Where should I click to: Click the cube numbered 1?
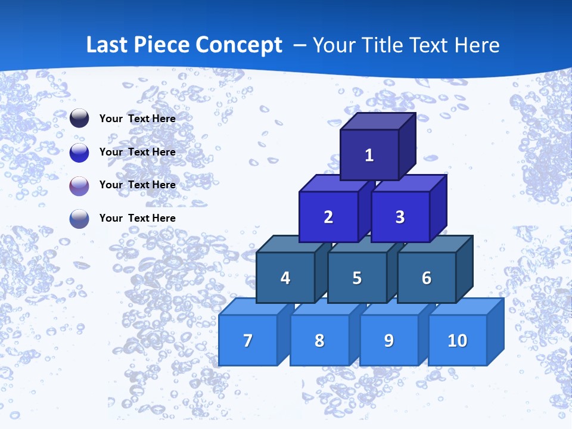(x=369, y=155)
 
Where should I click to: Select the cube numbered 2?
(x=328, y=217)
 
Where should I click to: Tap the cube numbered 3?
(x=400, y=217)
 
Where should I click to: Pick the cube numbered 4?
(x=285, y=278)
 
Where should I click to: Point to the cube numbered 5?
(x=357, y=278)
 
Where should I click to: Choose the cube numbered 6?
(x=427, y=278)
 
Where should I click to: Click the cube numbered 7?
(x=248, y=340)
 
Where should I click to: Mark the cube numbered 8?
(x=319, y=340)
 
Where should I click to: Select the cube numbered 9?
(x=389, y=340)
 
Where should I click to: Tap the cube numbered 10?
(x=458, y=340)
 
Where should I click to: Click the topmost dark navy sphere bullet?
(x=79, y=119)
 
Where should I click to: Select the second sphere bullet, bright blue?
(x=79, y=153)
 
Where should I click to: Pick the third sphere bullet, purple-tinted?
(x=79, y=186)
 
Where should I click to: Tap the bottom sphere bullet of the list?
(x=79, y=219)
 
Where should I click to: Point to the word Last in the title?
(x=107, y=45)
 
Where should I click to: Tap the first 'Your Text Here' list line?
(x=138, y=119)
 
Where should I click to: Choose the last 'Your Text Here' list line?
(x=138, y=218)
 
